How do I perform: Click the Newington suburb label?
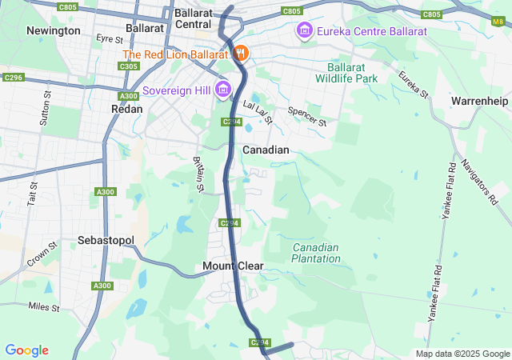pos(54,30)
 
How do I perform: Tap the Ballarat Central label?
pos(192,18)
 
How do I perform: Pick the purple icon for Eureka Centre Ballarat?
pos(304,31)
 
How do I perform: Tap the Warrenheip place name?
pos(478,102)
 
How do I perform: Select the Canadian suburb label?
pos(265,150)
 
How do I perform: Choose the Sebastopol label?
pos(106,241)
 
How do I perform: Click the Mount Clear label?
pos(233,266)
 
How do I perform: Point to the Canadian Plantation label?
pos(315,253)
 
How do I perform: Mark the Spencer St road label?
pos(308,117)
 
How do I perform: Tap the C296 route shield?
pos(14,78)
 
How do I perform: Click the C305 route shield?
pos(128,66)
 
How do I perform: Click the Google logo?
pos(26,350)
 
